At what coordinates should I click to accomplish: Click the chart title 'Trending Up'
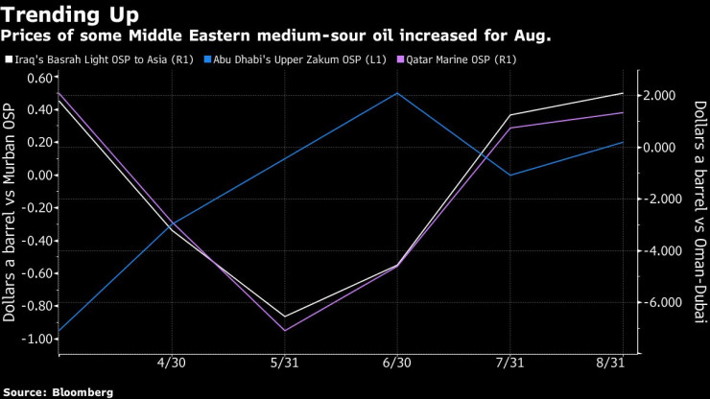pos(70,15)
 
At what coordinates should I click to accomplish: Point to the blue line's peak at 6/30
pos(397,93)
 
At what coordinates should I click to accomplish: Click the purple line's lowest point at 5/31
pos(285,331)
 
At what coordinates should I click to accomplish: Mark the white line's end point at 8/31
pos(623,93)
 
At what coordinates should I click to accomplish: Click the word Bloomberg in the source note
pos(82,391)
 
